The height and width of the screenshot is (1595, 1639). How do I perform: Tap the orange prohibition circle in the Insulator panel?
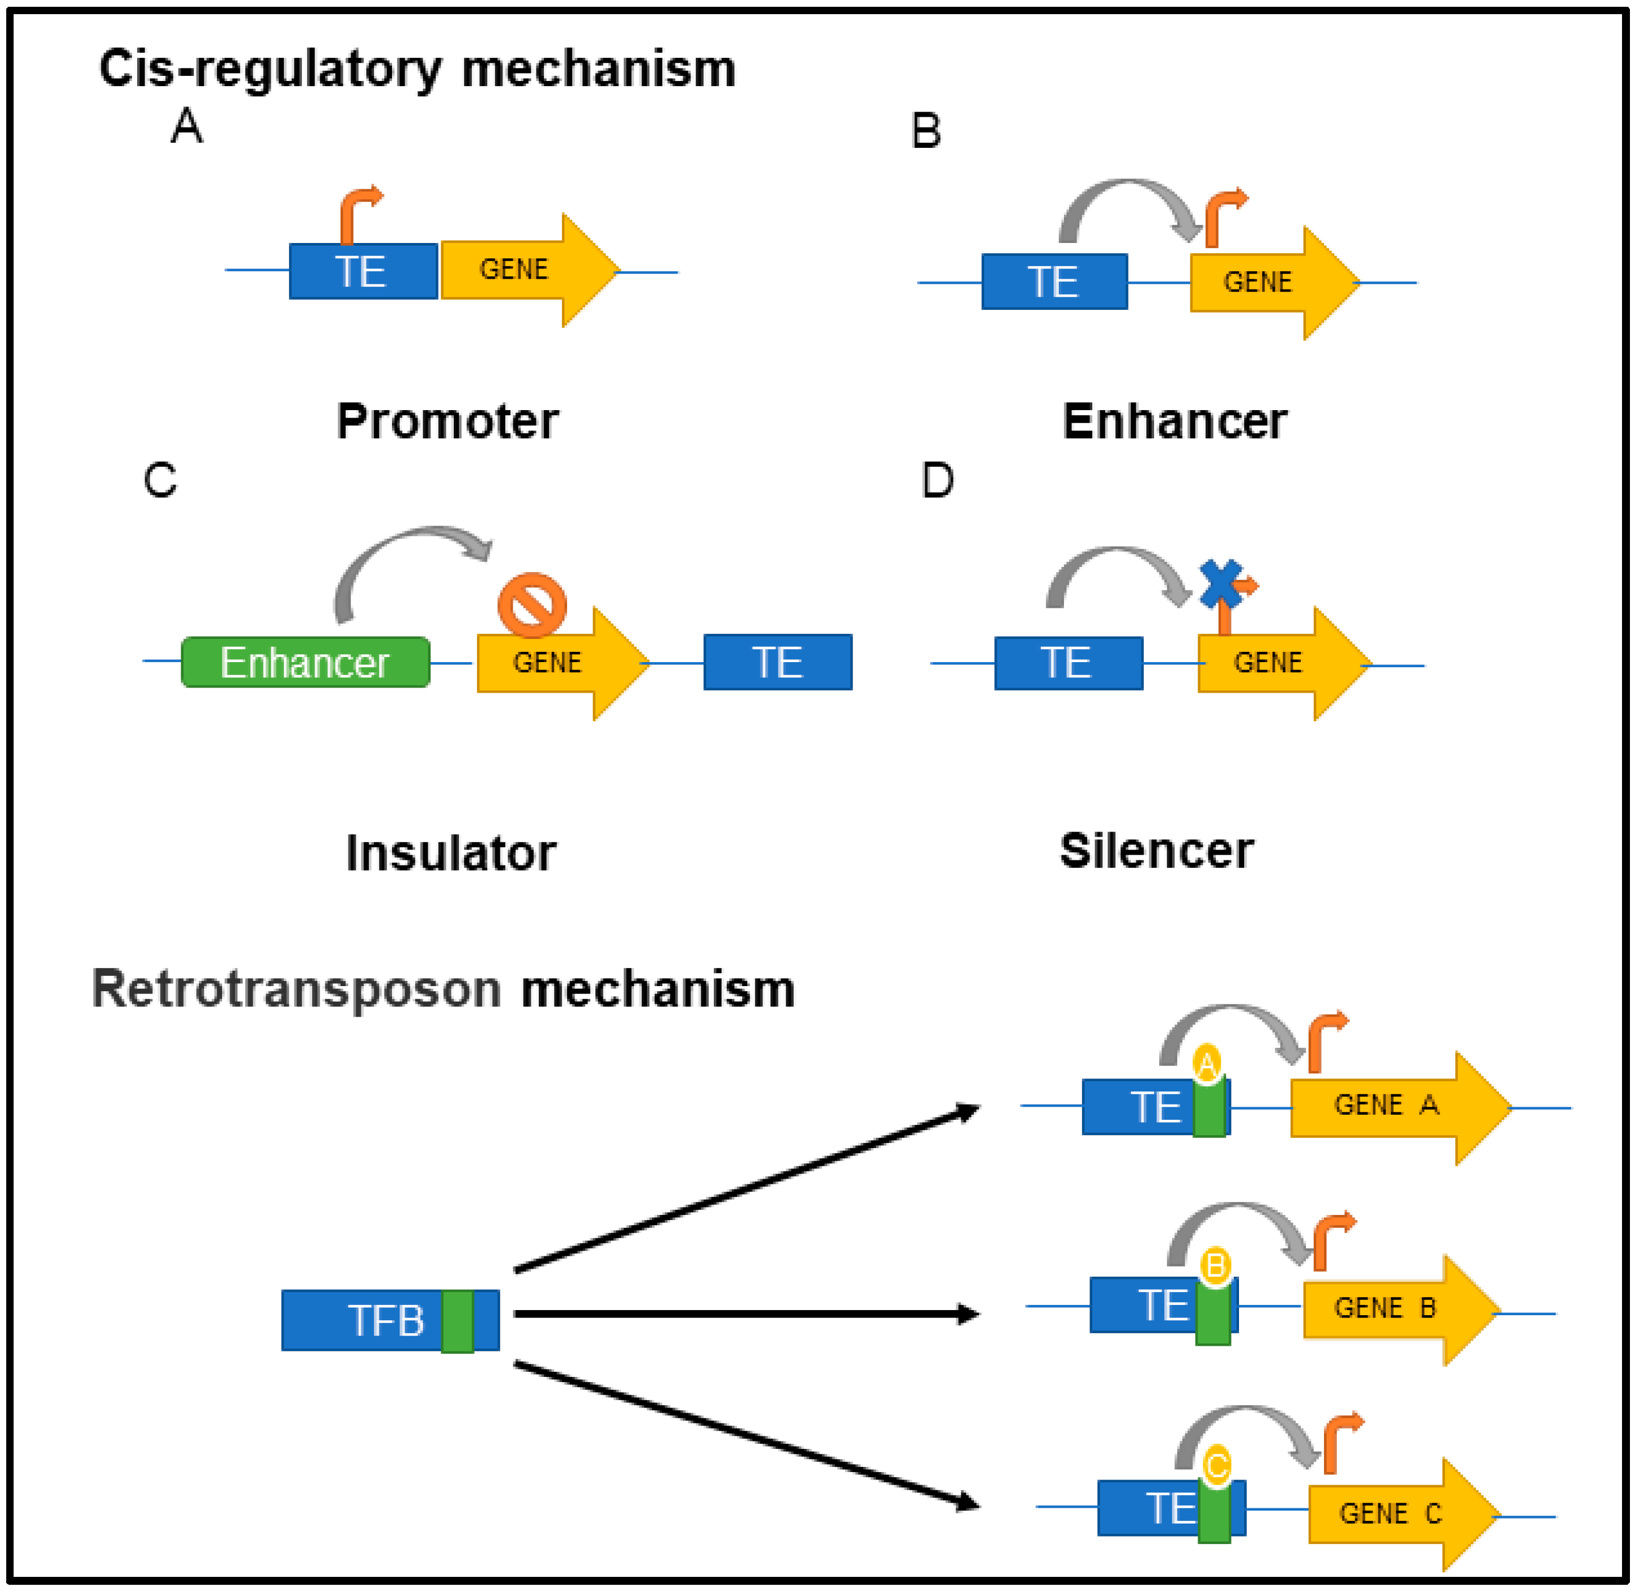click(532, 605)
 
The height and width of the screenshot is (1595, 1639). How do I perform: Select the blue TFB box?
click(390, 1320)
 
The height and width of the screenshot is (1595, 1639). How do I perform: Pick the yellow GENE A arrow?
click(1401, 1107)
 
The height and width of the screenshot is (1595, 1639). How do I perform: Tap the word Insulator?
click(451, 854)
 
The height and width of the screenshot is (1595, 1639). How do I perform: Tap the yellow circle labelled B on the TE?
click(1215, 1265)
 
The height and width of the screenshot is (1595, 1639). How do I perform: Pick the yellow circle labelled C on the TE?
click(1217, 1466)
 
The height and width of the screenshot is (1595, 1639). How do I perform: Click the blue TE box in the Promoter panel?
click(363, 271)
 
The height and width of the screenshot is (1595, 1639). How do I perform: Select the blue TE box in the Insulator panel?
click(778, 662)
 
